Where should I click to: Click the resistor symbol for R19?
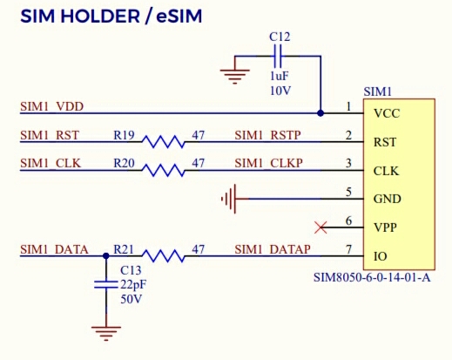pos(163,142)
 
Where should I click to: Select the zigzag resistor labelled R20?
pos(163,170)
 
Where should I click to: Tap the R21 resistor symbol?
pos(163,256)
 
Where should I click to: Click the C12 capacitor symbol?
pos(278,56)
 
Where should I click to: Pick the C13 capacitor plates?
pos(106,285)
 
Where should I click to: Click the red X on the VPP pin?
pos(320,228)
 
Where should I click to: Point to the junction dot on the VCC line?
pos(320,113)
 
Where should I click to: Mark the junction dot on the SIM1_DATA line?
pos(106,256)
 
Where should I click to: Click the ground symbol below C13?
pos(106,333)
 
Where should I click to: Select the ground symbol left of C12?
pos(235,77)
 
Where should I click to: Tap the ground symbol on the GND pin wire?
pos(229,199)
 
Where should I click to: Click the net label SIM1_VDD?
pos(51,106)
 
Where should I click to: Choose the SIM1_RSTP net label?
pos(267,135)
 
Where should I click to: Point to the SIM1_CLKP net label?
pos(268,163)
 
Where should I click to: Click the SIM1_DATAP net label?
pos(273,249)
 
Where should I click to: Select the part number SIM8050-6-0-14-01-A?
pos(372,277)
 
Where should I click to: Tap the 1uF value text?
pos(280,76)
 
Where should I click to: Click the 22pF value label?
pos(133,284)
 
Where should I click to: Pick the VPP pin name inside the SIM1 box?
pos(385,228)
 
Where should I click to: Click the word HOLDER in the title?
pos(100,16)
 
